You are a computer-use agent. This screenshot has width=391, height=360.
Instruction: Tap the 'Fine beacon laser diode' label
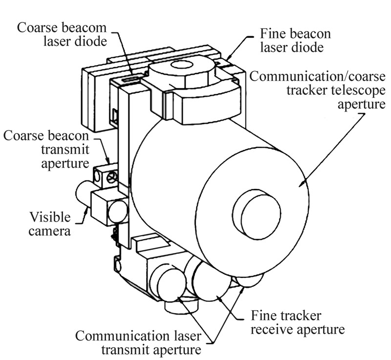click(295, 40)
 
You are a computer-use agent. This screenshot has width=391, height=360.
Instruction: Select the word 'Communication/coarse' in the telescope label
click(317, 76)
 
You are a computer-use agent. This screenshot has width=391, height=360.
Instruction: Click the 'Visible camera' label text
click(50, 224)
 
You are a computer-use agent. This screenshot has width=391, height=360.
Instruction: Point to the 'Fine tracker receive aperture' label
click(298, 322)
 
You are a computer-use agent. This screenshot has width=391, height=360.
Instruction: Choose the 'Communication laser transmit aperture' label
click(138, 342)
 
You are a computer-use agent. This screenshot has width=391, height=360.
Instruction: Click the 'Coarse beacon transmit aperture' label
click(46, 150)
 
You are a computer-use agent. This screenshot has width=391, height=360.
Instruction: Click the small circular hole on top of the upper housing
click(182, 66)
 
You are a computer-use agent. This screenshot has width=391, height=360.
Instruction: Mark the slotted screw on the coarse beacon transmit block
click(111, 178)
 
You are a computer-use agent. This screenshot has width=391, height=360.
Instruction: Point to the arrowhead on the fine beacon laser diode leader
click(228, 57)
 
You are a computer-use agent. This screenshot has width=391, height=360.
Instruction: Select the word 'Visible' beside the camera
click(50, 217)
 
